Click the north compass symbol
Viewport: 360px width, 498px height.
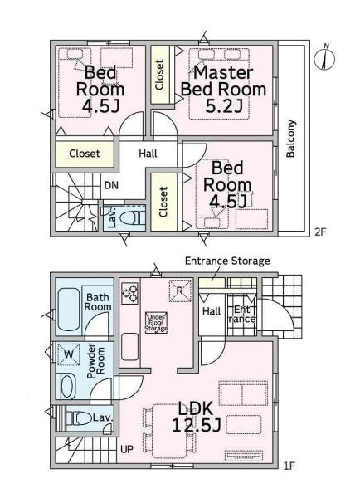[x=324, y=58]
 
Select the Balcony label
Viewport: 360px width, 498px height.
[x=291, y=139]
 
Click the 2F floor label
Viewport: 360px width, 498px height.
[x=320, y=232]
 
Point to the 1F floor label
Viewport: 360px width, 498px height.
[x=289, y=466]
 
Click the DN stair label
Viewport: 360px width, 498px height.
[x=111, y=185]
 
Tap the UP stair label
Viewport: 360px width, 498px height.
[x=127, y=449]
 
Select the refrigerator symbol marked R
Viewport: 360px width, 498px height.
[x=180, y=290]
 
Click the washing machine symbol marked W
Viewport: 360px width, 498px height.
[x=69, y=354]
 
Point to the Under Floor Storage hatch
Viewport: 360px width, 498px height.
[x=156, y=322]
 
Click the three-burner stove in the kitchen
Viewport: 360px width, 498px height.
[x=130, y=293]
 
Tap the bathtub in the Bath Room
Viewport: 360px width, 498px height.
[x=68, y=310]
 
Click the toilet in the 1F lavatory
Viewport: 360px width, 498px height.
[x=79, y=418]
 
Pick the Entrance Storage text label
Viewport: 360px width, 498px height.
[x=227, y=261]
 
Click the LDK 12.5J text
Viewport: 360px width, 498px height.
[x=196, y=417]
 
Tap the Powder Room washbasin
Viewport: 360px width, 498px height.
[x=68, y=387]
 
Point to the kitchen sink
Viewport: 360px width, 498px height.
[x=130, y=346]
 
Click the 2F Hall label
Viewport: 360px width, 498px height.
[x=148, y=154]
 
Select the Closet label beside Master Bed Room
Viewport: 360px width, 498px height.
[x=159, y=75]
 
